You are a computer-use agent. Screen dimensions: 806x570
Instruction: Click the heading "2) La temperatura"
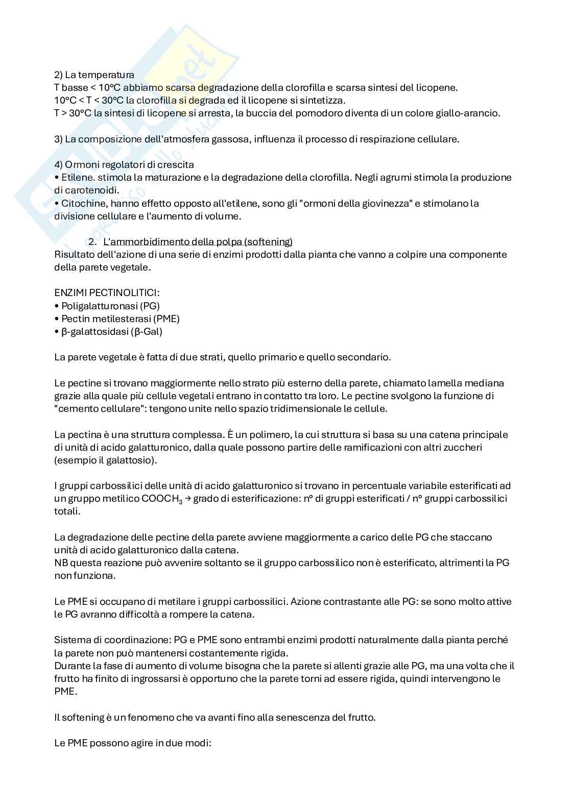click(94, 75)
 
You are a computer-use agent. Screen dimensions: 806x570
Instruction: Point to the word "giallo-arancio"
click(468, 113)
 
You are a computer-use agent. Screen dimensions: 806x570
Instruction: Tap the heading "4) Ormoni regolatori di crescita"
click(124, 164)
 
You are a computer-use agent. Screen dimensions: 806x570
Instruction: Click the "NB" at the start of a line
click(60, 563)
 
